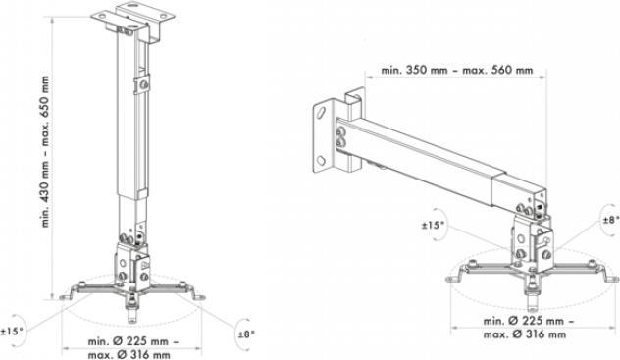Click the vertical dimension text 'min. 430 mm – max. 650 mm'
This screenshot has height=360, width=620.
46,151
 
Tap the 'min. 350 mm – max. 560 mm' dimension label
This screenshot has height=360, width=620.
457,71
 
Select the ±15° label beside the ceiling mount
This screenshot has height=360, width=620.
12,331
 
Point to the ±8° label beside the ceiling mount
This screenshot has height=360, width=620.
246,334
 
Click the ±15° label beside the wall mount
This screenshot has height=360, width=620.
433,225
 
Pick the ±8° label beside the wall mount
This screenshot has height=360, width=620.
611,220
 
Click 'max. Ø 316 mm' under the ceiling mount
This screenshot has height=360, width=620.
129,354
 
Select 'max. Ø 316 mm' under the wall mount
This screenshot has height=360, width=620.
524,334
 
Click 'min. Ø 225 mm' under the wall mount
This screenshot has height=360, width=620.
524,321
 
